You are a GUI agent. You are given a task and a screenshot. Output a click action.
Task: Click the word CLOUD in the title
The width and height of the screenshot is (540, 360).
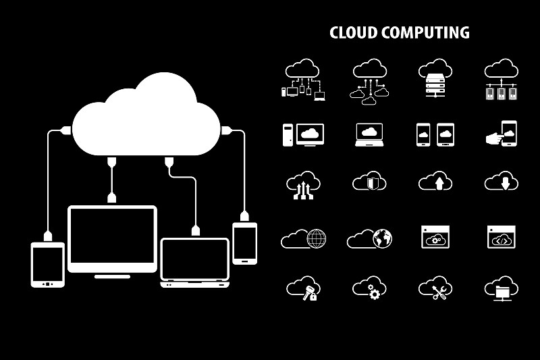point(353,32)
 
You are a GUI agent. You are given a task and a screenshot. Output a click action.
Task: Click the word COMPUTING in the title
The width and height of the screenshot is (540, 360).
point(425,32)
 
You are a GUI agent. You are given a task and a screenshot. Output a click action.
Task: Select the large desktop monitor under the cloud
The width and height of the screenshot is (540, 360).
point(112,239)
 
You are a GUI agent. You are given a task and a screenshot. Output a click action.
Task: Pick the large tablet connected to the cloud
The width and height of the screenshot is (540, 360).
point(48,264)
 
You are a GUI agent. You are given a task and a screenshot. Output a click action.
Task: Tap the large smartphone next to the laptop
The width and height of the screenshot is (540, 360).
point(244,242)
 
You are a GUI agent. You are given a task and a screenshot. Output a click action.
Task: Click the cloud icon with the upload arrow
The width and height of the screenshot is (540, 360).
point(435,182)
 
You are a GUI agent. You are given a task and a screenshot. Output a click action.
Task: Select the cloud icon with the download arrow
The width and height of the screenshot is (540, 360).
point(502,182)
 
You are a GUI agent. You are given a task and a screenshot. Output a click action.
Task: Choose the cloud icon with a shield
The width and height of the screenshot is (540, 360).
point(369,181)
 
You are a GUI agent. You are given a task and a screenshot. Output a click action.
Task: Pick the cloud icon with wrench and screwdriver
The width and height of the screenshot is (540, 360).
point(435,288)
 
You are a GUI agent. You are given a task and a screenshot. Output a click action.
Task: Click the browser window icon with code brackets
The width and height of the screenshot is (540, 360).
point(502,237)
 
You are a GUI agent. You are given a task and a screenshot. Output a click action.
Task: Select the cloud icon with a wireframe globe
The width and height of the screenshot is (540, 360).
point(304,238)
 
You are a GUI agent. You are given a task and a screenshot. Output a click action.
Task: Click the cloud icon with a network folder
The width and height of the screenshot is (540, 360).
point(502,288)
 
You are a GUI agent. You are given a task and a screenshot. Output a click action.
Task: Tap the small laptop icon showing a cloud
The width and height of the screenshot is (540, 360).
point(369,134)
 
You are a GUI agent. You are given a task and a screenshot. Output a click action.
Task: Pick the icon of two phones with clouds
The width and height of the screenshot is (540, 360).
point(435,134)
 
